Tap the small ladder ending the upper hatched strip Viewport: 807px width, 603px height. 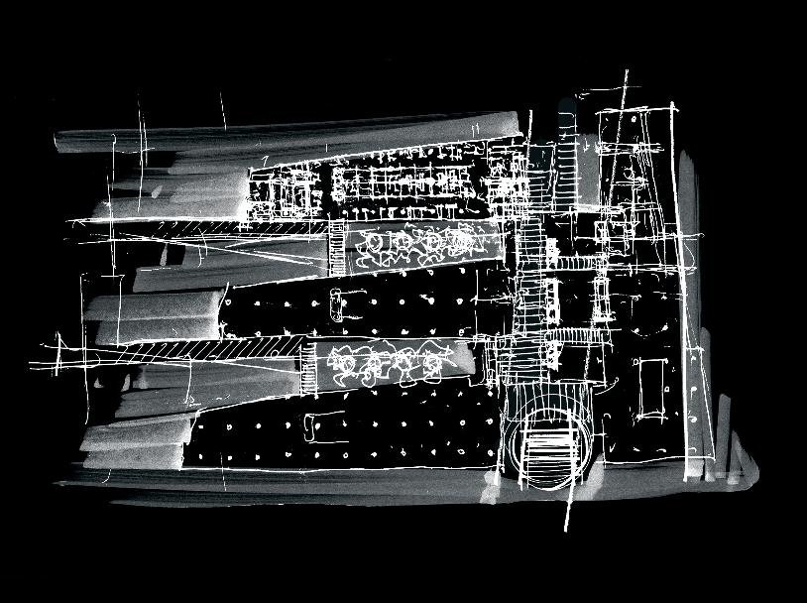pyautogui.click(x=336, y=246)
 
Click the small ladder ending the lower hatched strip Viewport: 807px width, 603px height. pyautogui.click(x=307, y=358)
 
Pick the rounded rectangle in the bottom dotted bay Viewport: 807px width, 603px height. pyautogui.click(x=312, y=428)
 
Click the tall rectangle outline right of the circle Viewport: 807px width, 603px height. pyautogui.click(x=650, y=387)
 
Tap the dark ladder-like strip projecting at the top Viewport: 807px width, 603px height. pyautogui.click(x=567, y=149)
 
